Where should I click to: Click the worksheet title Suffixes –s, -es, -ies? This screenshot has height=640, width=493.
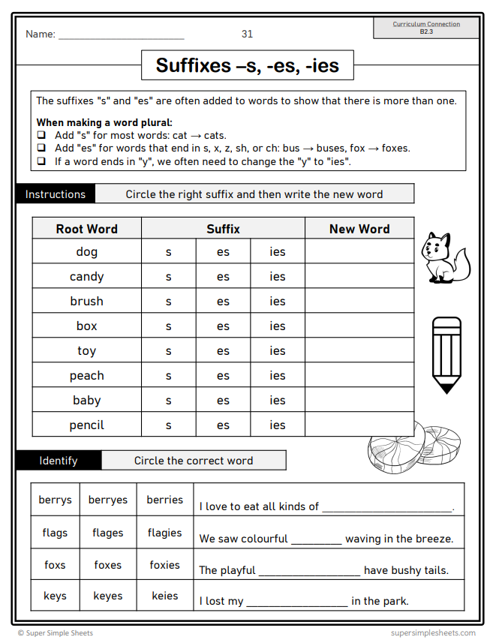point(248,65)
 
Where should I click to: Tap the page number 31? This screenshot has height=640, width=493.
point(248,34)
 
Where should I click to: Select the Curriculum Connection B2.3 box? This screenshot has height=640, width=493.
point(426,28)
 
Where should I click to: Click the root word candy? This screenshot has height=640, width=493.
point(86,277)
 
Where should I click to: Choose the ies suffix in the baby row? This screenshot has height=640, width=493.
point(278,401)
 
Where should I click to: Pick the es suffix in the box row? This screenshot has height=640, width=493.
point(223,326)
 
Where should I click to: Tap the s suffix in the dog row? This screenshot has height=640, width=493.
point(168,252)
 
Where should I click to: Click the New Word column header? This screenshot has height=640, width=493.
point(359,229)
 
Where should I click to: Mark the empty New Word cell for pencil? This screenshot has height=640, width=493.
point(359,425)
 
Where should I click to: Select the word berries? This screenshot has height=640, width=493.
point(164,500)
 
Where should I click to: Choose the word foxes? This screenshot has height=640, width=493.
point(108,565)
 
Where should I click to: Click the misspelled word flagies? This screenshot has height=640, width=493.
point(164,533)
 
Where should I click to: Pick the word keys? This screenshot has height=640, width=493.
point(55,596)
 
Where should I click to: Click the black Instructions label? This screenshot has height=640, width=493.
point(56,194)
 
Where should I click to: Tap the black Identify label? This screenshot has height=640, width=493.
point(59,461)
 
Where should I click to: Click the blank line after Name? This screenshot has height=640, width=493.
point(121,35)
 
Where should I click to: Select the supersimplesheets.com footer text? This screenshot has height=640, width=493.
point(433,632)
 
